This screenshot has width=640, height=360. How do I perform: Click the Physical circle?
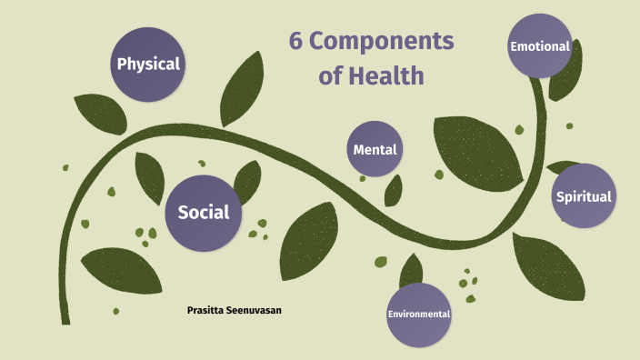click(148, 65)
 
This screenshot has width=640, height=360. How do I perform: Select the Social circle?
click(203, 213)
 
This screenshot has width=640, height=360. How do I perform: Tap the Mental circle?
click(375, 149)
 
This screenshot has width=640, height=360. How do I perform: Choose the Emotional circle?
click(540, 45)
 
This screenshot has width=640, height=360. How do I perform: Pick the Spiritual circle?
click(584, 195)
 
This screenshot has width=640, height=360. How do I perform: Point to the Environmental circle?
click(419, 314)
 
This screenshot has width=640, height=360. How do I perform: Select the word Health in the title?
click(385, 76)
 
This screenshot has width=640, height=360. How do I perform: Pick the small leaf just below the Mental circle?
click(394, 190)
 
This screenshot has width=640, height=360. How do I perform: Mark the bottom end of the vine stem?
click(65, 320)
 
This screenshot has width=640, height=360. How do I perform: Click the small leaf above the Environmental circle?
click(411, 269)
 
